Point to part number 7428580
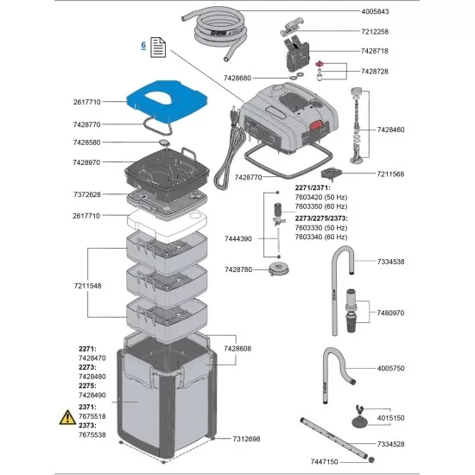coord(86,142)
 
